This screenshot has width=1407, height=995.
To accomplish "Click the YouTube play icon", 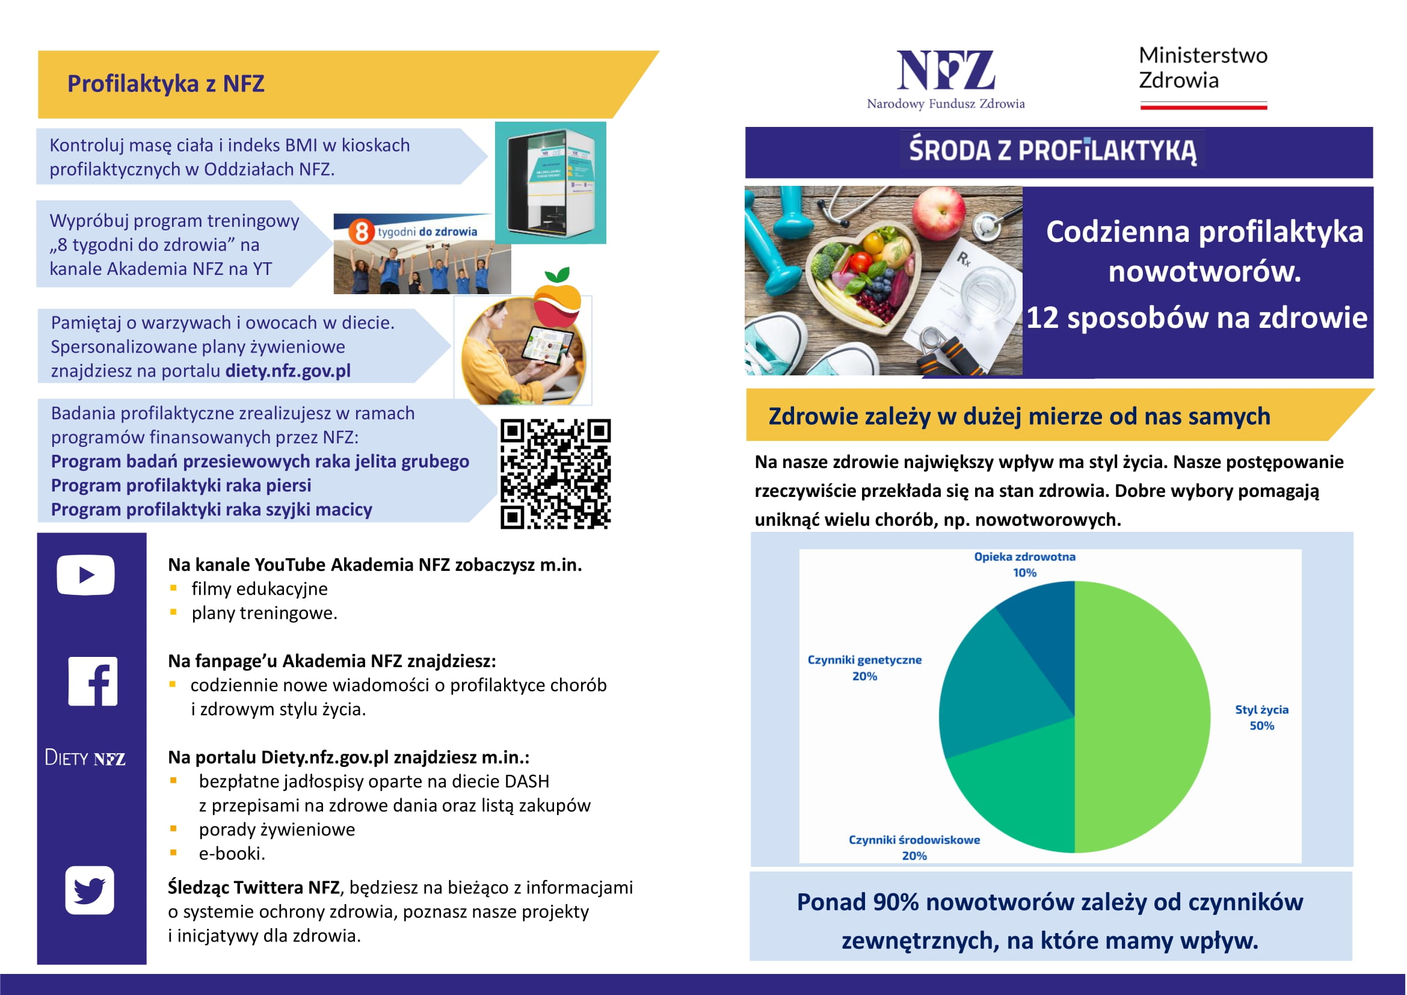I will click(x=86, y=575).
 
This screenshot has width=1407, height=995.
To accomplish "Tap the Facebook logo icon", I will click(x=93, y=682).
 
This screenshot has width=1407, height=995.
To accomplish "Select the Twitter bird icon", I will click(x=90, y=890).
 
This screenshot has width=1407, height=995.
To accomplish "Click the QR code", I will click(x=555, y=473).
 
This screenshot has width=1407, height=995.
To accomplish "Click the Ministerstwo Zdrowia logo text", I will click(x=1202, y=68).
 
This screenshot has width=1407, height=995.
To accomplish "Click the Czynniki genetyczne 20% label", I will click(x=864, y=668).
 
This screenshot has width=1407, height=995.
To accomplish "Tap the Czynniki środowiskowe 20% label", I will click(x=914, y=848).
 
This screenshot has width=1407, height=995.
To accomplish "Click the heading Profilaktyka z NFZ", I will click(x=165, y=84).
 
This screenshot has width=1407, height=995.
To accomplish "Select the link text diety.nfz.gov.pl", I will click(x=288, y=371).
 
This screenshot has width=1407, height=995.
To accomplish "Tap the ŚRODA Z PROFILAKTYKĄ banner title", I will click(x=1052, y=151).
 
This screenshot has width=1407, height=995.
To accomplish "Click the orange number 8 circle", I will click(x=362, y=232).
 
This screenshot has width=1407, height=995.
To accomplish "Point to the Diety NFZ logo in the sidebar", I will click(x=85, y=758).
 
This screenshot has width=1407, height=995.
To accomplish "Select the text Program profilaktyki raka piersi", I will click(x=181, y=485).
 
